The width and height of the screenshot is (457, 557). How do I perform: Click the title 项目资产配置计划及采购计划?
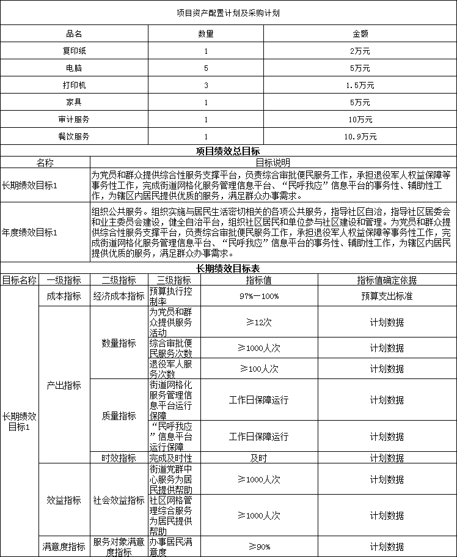click(x=228, y=12)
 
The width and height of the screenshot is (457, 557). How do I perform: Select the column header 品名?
click(x=74, y=33)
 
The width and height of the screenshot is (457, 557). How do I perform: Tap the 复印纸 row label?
click(x=74, y=50)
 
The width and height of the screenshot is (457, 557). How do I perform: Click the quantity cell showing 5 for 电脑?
click(x=206, y=67)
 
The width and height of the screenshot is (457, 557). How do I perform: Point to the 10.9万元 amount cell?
click(x=360, y=136)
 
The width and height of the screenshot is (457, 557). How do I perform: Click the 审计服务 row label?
click(x=74, y=119)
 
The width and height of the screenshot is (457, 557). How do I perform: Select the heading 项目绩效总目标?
click(x=228, y=151)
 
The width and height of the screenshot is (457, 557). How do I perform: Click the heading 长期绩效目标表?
click(x=228, y=268)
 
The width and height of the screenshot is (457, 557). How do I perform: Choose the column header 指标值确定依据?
click(x=387, y=280)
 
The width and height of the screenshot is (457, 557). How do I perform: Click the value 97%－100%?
click(x=259, y=296)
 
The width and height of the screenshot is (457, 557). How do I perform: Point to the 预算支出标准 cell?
click(x=387, y=296)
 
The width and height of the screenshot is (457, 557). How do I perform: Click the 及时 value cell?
click(x=259, y=457)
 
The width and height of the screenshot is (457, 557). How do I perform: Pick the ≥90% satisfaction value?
click(x=259, y=546)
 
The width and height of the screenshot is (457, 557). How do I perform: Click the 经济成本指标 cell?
click(x=119, y=296)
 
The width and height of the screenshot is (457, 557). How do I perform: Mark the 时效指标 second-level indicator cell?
click(x=119, y=457)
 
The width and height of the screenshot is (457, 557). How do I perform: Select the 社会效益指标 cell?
click(x=119, y=500)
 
